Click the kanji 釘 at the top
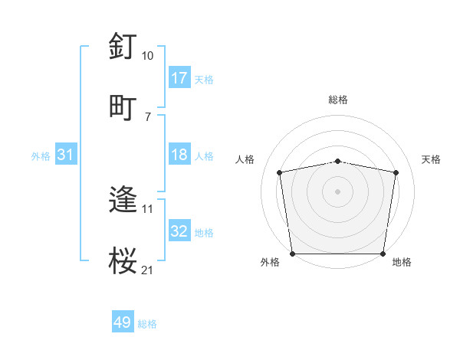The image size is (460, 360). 123,47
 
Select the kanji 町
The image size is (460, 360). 123,107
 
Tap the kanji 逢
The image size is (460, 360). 123,200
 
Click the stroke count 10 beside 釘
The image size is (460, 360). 147,56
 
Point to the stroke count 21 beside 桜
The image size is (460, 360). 147,270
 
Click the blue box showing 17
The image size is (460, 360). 179,77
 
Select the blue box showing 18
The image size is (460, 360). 179,155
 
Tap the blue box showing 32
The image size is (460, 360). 179,231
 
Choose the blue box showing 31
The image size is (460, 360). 66,155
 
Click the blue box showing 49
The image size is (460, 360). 123,322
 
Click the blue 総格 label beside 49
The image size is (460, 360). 147,324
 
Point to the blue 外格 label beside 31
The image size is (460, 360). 41,155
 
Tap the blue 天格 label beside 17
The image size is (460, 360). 204,79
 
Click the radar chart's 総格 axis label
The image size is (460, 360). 338,100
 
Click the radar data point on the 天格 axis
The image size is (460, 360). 396,172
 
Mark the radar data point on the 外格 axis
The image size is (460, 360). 292,254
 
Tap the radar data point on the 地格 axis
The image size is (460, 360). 383,254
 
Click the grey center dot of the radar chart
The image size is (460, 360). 338,191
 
